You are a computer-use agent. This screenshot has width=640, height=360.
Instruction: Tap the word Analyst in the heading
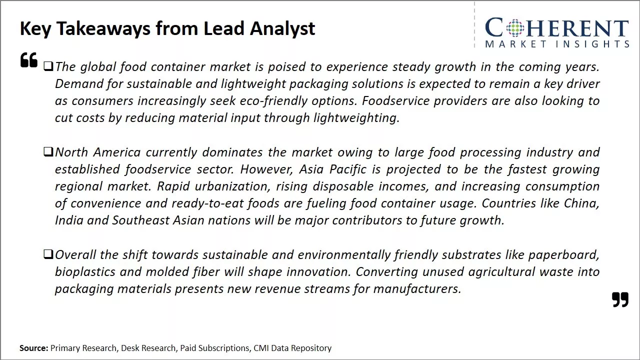click(282, 28)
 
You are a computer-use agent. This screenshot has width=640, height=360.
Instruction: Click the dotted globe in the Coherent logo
click(515, 28)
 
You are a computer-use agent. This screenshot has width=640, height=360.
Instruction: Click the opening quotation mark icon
click(29, 59)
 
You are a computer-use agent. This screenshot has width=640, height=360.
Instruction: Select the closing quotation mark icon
click(620, 299)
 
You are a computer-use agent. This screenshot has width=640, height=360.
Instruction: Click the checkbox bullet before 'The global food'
click(48, 66)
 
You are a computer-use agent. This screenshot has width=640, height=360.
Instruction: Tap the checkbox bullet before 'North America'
click(48, 151)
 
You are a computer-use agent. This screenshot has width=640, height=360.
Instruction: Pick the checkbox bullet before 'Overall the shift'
click(48, 254)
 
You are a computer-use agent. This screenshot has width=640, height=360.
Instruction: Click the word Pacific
click(347, 169)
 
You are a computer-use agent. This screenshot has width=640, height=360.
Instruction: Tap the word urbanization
click(232, 186)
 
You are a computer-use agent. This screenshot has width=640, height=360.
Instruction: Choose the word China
click(581, 203)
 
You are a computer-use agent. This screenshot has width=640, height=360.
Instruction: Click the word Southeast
click(141, 220)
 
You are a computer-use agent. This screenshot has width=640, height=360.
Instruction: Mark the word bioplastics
click(85, 271)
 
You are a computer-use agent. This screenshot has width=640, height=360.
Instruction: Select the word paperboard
click(563, 255)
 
